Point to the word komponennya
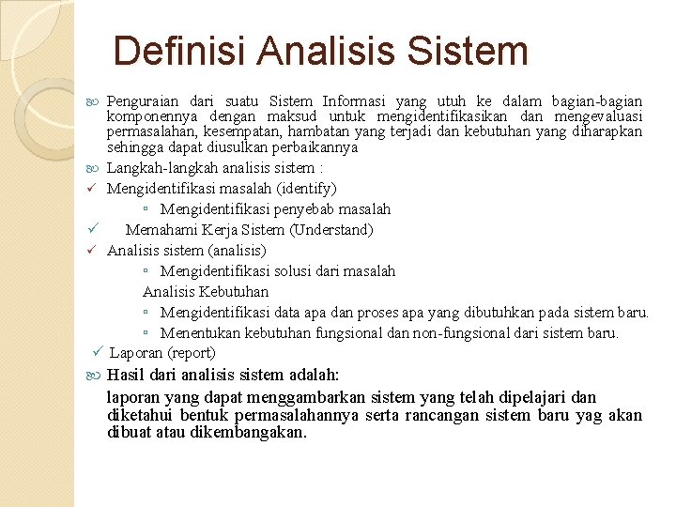[150, 116]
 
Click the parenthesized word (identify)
[304, 189]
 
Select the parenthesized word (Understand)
[333, 230]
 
